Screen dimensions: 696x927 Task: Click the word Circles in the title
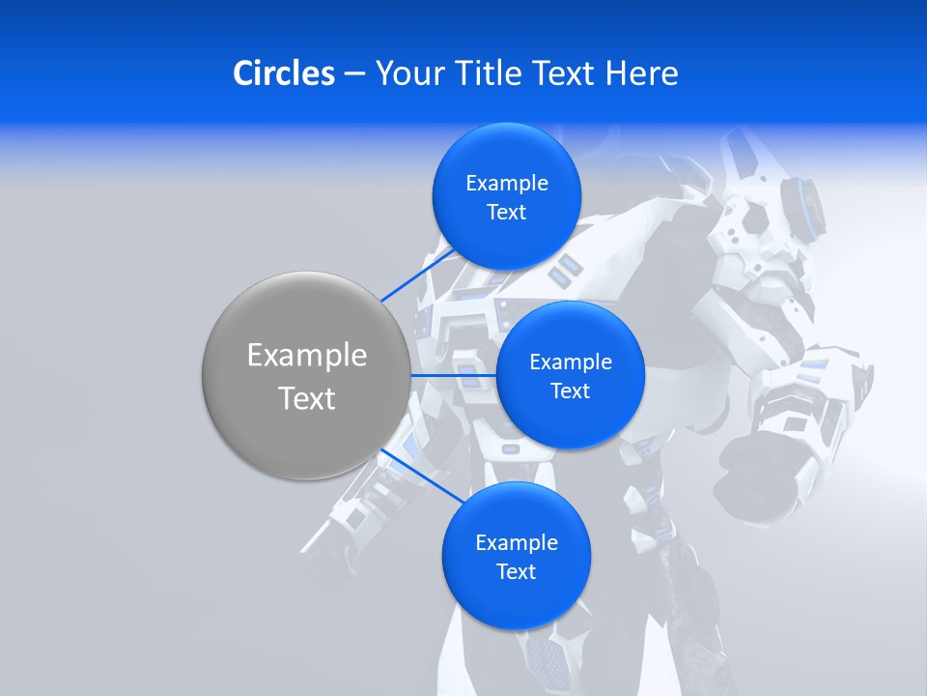(283, 73)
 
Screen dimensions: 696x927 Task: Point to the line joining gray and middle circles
(454, 375)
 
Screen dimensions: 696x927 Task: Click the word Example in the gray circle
(307, 356)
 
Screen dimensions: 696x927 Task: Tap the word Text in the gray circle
(307, 398)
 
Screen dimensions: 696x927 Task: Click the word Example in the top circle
(507, 184)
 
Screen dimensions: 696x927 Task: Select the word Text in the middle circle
(570, 391)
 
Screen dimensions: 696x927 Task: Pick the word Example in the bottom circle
(517, 543)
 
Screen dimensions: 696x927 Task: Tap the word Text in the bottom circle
(516, 572)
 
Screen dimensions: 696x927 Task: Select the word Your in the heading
(407, 73)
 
